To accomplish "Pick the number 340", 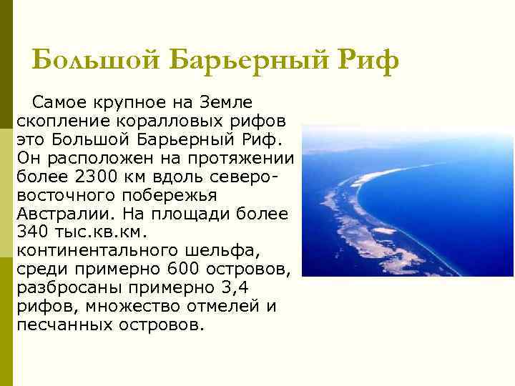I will click(x=31, y=231).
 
